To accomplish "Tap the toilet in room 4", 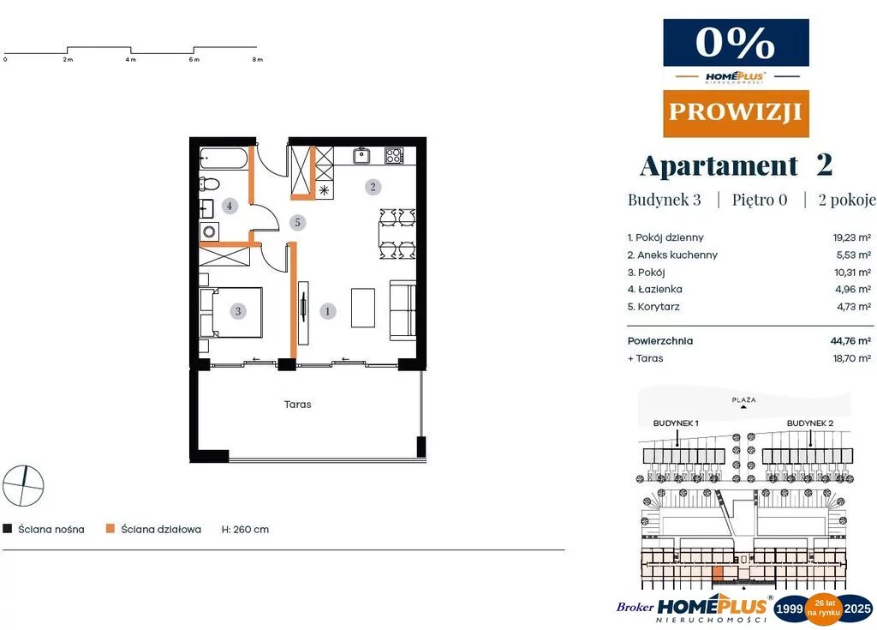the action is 209,183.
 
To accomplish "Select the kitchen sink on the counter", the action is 362,155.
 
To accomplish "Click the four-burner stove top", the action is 394,155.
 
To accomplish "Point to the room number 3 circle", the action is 238,311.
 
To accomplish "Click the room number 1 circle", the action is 328,311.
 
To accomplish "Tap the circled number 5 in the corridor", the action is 297,222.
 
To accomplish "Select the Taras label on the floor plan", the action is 297,405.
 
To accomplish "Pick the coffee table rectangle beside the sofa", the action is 363,308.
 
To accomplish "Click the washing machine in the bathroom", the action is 210,231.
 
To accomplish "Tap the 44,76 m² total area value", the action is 850,340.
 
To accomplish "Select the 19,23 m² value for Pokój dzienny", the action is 852,237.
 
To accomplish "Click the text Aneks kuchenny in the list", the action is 677,255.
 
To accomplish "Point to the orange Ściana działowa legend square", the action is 110,529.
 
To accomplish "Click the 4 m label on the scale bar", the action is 131,59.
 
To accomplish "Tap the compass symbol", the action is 23,485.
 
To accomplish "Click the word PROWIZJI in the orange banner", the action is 736,112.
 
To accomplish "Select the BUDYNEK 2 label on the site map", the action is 810,423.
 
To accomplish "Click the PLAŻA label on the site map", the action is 744,399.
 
